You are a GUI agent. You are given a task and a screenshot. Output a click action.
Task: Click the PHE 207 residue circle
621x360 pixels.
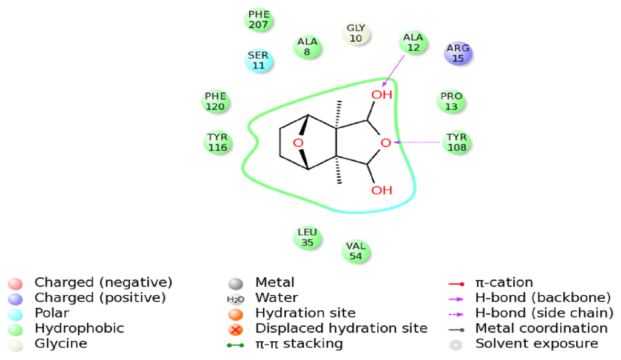259,20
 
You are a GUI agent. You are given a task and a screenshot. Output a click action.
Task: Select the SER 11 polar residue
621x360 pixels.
258,60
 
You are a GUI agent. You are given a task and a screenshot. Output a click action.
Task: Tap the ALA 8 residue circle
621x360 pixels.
307,47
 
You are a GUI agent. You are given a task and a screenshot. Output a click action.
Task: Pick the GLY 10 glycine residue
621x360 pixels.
356,33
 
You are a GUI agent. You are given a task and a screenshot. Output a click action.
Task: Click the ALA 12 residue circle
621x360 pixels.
414,43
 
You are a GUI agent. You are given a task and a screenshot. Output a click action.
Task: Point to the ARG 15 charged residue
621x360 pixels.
458,53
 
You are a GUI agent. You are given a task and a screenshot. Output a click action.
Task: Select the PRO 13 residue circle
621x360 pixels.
451,101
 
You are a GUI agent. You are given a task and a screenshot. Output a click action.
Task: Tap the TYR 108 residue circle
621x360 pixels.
457,142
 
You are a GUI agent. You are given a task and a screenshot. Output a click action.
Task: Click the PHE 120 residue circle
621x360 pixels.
215,101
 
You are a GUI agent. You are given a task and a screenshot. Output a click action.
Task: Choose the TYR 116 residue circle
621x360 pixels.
217,142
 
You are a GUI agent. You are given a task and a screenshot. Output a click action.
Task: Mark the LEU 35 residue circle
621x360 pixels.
307,238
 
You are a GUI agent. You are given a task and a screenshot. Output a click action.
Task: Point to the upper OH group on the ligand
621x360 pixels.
382,95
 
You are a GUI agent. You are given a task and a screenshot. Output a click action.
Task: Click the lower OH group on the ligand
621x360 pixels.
382,190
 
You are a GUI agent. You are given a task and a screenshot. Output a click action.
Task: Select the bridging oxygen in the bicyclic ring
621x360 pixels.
297,143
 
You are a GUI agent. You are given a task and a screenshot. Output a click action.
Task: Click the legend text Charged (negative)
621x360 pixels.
103,282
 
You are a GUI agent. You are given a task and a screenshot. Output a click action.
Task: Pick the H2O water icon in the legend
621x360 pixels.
235,299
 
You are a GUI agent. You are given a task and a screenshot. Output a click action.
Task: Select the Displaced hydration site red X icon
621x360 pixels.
235,329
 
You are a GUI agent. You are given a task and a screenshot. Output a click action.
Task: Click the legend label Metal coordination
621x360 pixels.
541,328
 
